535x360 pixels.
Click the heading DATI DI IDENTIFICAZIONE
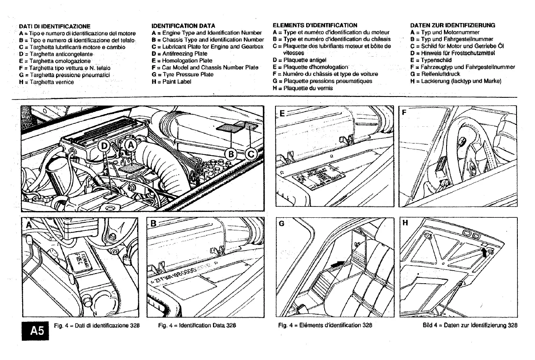pyautogui.click(x=55, y=26)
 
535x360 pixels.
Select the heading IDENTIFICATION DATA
pyautogui.click(x=183, y=26)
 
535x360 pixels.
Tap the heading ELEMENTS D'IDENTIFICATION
pyautogui.click(x=314, y=26)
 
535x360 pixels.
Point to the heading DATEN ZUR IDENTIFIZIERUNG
pyautogui.click(x=453, y=25)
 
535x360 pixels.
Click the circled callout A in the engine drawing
pyautogui.click(x=131, y=145)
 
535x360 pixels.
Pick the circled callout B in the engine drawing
pyautogui.click(x=231, y=154)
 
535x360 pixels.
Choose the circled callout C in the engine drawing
pyautogui.click(x=251, y=154)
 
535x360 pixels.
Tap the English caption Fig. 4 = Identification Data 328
pyautogui.click(x=197, y=325)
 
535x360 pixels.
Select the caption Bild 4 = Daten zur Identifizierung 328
pyautogui.click(x=470, y=325)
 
